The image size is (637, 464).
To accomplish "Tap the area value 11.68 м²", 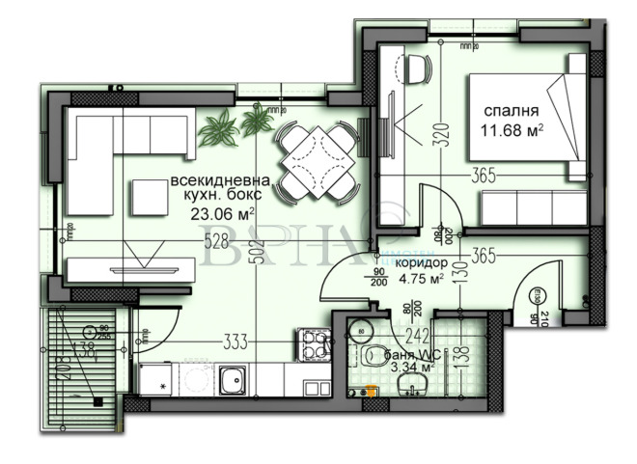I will (513, 128).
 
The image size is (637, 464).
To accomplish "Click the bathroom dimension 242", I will (419, 335).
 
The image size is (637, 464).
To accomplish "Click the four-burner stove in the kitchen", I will (316, 343).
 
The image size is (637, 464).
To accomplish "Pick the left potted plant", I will (220, 124).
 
